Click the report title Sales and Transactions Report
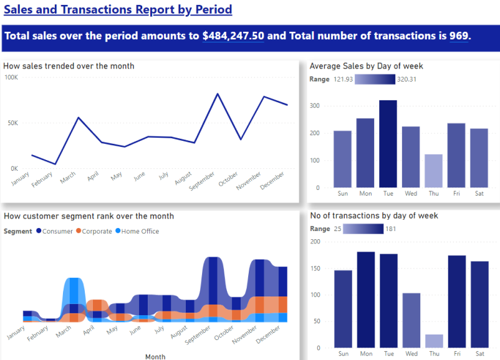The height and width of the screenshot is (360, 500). click(118, 10)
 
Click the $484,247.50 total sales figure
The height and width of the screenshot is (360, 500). click(233, 36)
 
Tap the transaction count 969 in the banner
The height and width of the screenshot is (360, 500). click(458, 36)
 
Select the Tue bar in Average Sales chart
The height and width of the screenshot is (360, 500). click(388, 144)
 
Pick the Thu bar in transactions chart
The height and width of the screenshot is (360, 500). click(433, 341)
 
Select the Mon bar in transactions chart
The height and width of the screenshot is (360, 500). click(365, 300)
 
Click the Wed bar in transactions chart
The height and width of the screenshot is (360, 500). click(410, 320)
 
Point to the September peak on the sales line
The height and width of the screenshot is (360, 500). click(218, 94)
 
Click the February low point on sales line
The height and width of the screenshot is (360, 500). click(55, 164)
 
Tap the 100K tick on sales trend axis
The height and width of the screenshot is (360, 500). click(11, 77)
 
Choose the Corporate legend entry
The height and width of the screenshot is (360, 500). click(97, 231)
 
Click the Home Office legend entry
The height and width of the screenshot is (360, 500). click(140, 231)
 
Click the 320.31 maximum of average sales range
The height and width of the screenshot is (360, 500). click(406, 79)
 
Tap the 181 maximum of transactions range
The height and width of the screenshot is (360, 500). click(392, 229)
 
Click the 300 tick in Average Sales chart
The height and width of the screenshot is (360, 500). click(316, 106)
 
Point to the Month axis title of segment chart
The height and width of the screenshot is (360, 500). click(155, 356)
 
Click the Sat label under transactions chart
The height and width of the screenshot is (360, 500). click(479, 354)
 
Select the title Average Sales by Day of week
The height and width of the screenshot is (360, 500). click(366, 66)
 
